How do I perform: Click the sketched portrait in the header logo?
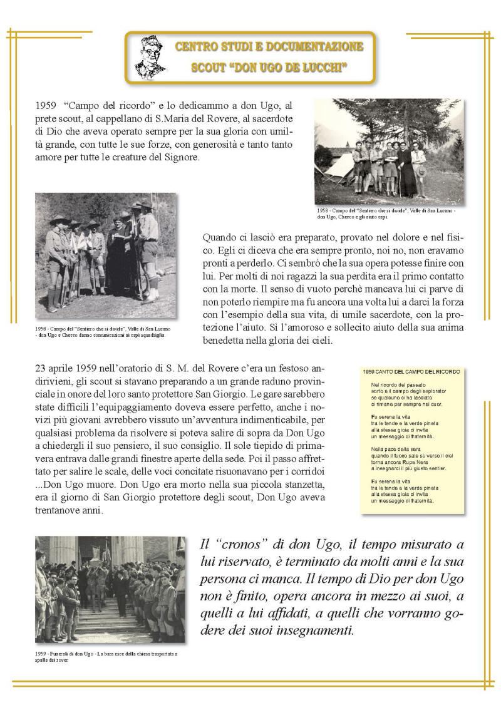coord(151,56)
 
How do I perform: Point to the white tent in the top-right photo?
coord(338,168)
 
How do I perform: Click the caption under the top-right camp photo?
coord(388,213)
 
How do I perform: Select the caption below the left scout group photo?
coord(103,331)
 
